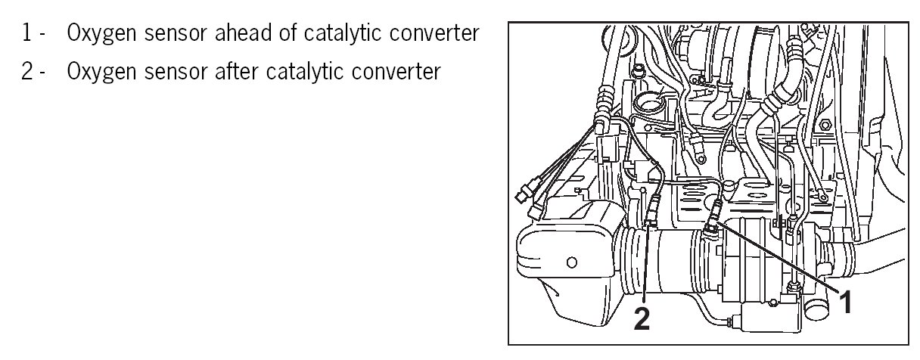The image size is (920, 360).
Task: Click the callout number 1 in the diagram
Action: [x=847, y=304]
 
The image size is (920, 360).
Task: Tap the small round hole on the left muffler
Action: [x=571, y=263]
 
